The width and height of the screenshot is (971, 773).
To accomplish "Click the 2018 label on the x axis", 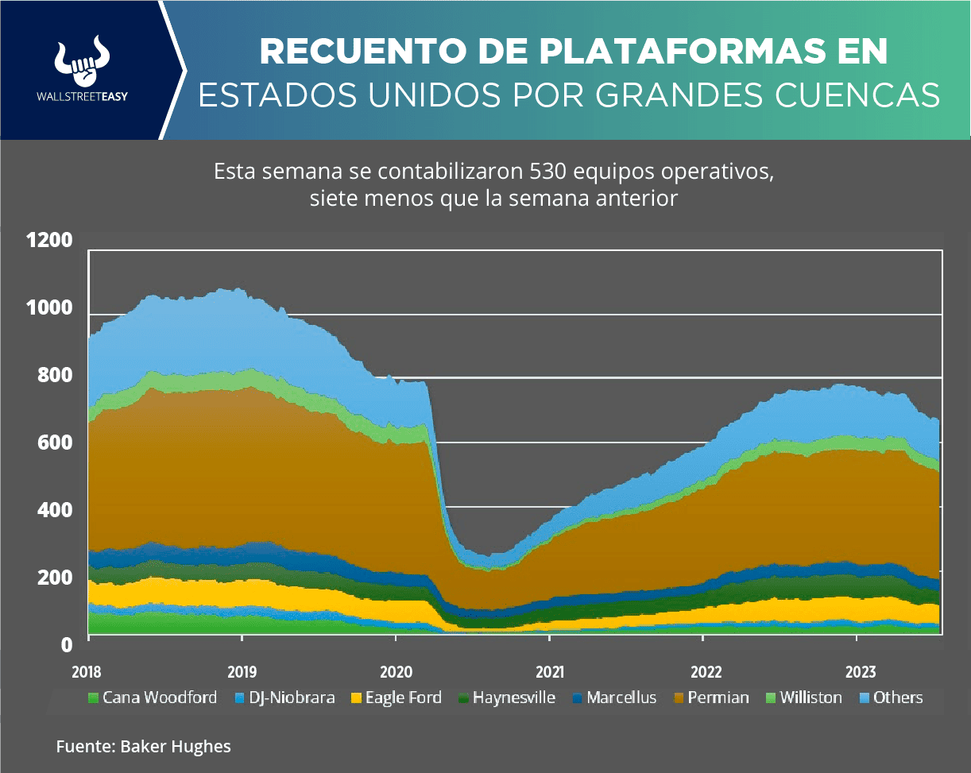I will pyautogui.click(x=87, y=671).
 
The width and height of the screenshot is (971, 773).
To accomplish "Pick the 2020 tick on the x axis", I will pyautogui.click(x=395, y=671).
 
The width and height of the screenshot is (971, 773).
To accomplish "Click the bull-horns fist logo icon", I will pyautogui.click(x=82, y=60).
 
